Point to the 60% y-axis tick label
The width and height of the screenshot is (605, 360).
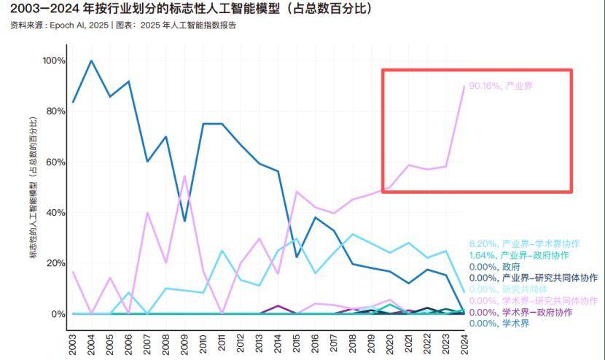(x=55, y=162)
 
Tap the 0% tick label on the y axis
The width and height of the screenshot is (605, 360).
(x=58, y=314)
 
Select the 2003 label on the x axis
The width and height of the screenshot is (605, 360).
(x=73, y=344)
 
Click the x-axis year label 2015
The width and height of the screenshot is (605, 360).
(x=297, y=344)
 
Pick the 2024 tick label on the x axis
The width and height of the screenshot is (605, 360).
(x=464, y=344)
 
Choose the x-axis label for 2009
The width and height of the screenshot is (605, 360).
(x=185, y=344)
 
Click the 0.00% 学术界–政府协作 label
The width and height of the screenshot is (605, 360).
(x=528, y=312)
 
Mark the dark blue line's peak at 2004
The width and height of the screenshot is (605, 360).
(x=91, y=60)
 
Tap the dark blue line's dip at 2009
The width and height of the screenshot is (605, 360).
(x=185, y=221)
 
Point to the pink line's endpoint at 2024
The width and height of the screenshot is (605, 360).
(x=464, y=86)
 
